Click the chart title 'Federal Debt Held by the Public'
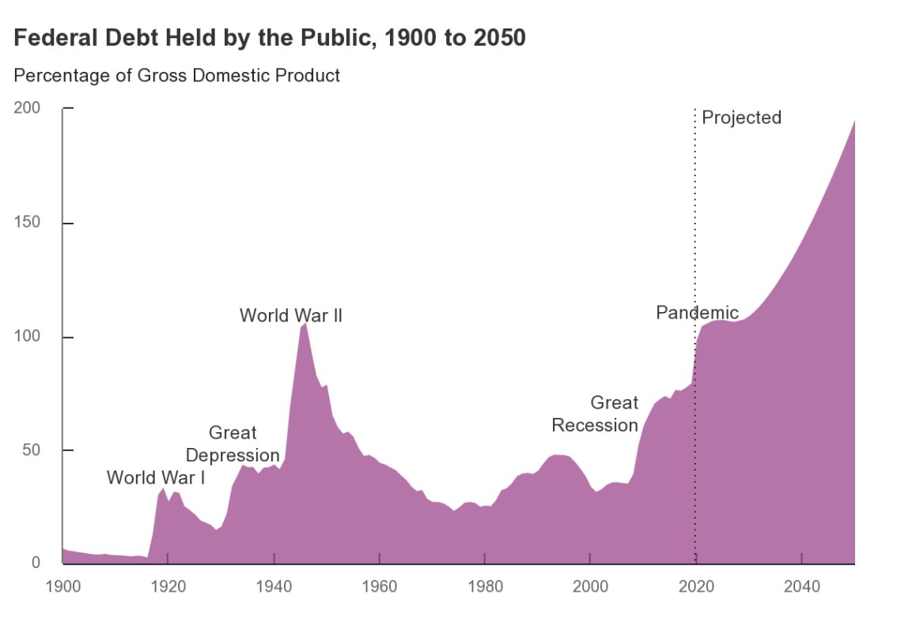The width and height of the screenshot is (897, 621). tap(270, 38)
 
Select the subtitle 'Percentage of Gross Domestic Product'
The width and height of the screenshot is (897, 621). tap(177, 76)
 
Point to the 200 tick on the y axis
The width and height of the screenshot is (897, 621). tap(28, 108)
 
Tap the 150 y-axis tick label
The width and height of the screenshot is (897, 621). tap(28, 223)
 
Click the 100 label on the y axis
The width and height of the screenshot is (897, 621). tap(28, 337)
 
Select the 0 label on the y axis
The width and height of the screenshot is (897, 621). tap(35, 563)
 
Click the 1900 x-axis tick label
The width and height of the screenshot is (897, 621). tap(62, 587)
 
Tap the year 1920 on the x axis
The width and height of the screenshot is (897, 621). tap(168, 587)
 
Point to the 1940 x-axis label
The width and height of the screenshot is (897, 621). tap(274, 587)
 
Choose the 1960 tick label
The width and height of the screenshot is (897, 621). tap(380, 587)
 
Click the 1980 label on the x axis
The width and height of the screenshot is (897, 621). tap(485, 587)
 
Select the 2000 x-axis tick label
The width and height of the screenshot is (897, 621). tap(590, 587)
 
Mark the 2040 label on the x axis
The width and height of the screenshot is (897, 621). tap(802, 587)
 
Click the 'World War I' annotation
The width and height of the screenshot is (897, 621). tap(156, 477)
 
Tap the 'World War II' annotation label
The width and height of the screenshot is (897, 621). tap(291, 316)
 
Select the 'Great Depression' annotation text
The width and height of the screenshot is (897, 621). tap(233, 444)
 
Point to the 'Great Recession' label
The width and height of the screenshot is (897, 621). tap(595, 414)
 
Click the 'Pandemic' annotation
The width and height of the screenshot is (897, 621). tap(697, 313)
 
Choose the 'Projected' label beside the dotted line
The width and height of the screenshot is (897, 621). tap(741, 118)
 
